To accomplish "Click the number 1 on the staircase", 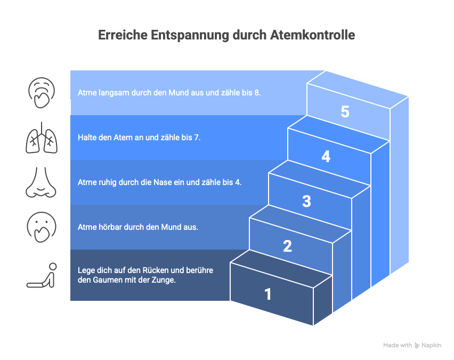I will pyautogui.click(x=267, y=294).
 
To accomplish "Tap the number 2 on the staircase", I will pyautogui.click(x=287, y=246).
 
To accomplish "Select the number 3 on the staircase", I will pyautogui.click(x=306, y=201).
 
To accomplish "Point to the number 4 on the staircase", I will pyautogui.click(x=326, y=157).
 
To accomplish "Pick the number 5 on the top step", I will pyautogui.click(x=345, y=112).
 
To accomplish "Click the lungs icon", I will pyautogui.click(x=41, y=137).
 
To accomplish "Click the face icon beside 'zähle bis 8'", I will pyautogui.click(x=41, y=92).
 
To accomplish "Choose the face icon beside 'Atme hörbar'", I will pyautogui.click(x=41, y=227).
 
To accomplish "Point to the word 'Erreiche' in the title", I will pyautogui.click(x=122, y=35).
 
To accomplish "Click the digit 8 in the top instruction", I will pyautogui.click(x=258, y=92).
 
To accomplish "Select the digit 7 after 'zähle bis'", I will pyautogui.click(x=198, y=137).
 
